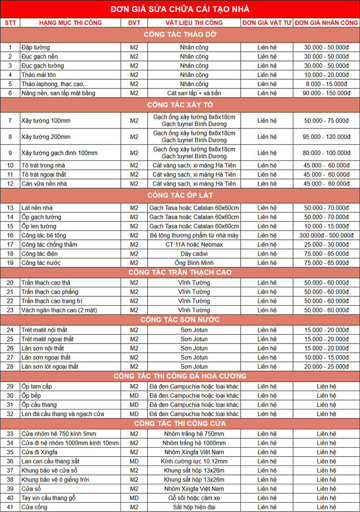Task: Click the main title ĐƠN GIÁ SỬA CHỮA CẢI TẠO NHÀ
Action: click(180, 9)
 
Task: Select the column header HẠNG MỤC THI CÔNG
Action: click(71, 23)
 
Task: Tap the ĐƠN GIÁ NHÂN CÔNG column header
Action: click(326, 23)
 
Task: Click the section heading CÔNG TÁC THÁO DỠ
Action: click(180, 35)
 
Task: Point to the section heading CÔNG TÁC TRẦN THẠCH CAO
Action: click(180, 273)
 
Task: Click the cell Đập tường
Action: click(36, 48)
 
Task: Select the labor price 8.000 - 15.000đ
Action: click(326, 84)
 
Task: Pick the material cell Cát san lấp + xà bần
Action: click(194, 93)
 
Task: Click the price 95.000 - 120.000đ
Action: click(326, 137)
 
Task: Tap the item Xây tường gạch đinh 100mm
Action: click(59, 153)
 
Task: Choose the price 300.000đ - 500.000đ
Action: click(326, 235)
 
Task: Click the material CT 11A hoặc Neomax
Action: click(194, 245)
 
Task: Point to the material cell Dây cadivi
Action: click(194, 254)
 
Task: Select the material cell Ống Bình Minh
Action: click(194, 263)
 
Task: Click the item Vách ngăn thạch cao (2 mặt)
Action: click(59, 310)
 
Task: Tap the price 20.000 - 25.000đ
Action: click(326, 367)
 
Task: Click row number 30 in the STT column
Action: click(10, 396)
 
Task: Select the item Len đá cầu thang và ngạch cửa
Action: click(63, 414)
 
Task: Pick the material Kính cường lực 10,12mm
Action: click(194, 462)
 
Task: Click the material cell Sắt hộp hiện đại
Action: click(194, 507)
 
